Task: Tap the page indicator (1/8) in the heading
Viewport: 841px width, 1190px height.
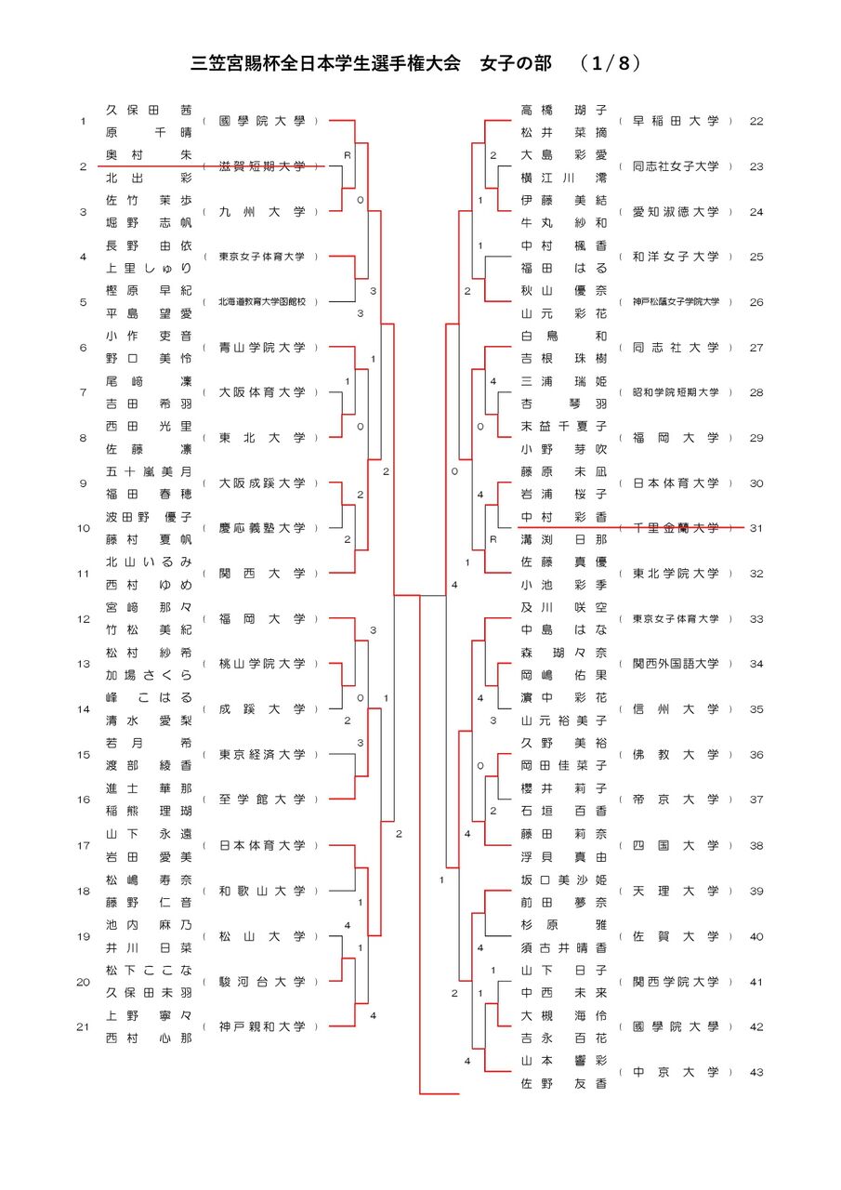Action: point(610,63)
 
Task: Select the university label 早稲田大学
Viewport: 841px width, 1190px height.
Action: point(676,121)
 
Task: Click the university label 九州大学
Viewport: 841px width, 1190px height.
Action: point(261,212)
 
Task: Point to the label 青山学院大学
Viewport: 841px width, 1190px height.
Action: point(261,348)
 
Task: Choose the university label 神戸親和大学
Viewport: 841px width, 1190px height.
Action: point(261,1026)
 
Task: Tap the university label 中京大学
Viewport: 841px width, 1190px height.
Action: point(676,1072)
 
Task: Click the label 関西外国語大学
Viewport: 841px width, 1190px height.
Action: point(676,664)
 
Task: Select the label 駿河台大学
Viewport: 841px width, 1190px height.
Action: point(261,982)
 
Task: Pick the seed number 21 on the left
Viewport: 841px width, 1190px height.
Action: point(84,1026)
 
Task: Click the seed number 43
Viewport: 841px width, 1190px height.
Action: point(756,1072)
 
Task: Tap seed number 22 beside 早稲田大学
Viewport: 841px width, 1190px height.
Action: point(756,121)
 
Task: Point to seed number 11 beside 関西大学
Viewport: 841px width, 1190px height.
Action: point(84,574)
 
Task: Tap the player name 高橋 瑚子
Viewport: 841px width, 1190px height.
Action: point(564,110)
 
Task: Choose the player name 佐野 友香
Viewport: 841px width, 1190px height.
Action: point(564,1083)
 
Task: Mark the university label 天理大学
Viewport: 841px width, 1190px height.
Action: point(676,891)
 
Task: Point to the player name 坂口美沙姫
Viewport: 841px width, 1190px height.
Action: point(564,879)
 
